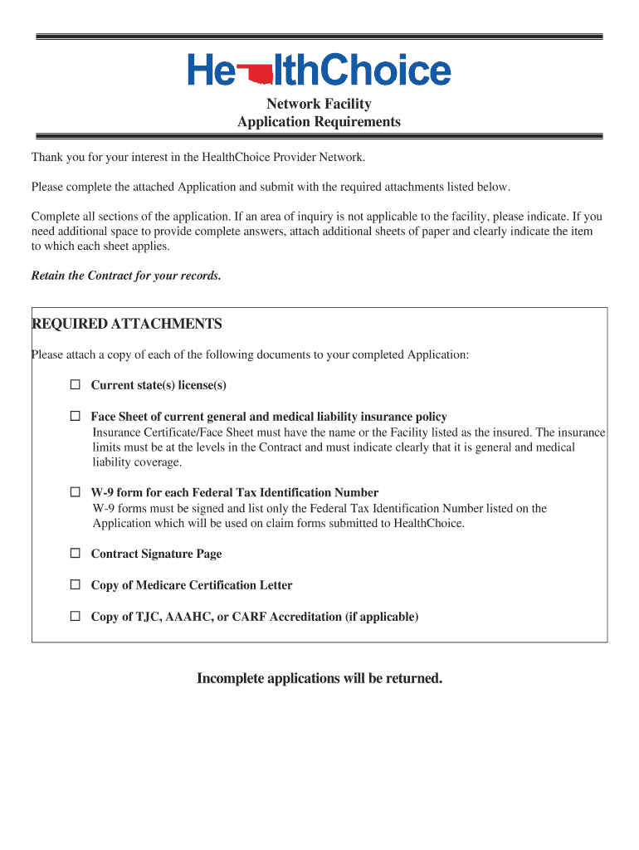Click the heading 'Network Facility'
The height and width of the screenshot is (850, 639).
tap(319, 104)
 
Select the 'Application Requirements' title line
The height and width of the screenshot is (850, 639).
tap(319, 122)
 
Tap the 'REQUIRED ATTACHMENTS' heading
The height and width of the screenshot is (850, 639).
tap(126, 324)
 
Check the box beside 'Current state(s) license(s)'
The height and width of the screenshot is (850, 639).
tap(76, 385)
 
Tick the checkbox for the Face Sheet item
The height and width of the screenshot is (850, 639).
tap(76, 417)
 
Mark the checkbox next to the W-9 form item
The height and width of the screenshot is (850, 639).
tap(76, 492)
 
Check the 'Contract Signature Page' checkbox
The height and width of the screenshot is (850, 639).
tap(76, 554)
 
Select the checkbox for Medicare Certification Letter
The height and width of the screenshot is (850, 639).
tap(76, 585)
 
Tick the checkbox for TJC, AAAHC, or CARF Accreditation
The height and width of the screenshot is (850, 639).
tap(76, 617)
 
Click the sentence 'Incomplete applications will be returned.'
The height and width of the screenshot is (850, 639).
tap(319, 679)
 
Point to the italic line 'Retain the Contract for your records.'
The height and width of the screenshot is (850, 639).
tap(126, 276)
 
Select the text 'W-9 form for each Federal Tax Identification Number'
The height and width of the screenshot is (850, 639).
tap(234, 492)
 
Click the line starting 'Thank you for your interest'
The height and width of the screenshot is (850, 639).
tap(198, 157)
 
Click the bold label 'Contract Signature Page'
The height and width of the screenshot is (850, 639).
tap(156, 554)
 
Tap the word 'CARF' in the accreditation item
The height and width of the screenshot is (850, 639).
tap(249, 617)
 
